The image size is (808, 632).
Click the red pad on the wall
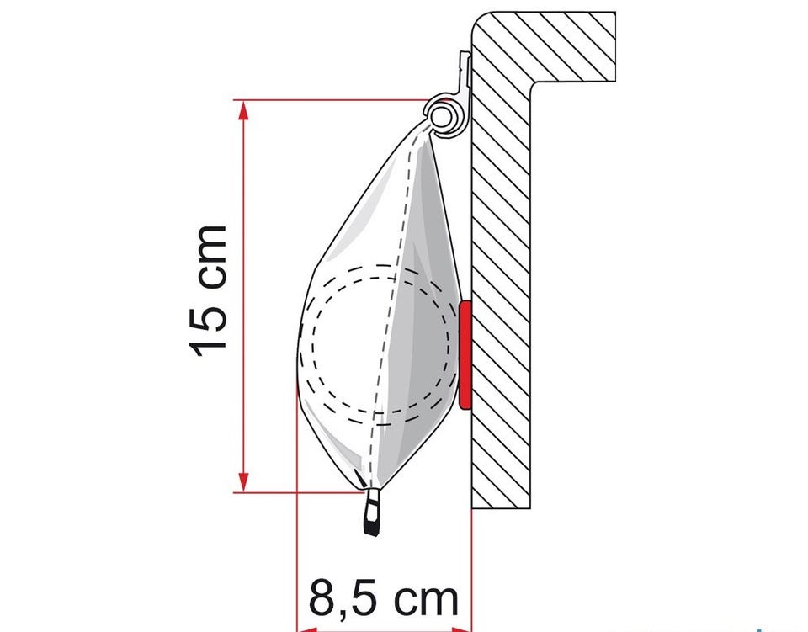point(465,356)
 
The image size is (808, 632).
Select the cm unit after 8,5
point(426,599)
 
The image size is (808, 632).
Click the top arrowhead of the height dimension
point(244,109)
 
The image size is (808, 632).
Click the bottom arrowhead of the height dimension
point(244,482)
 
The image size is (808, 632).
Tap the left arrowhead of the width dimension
point(308,629)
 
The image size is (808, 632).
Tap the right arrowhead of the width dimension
point(461,629)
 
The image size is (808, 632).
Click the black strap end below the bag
point(372,512)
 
